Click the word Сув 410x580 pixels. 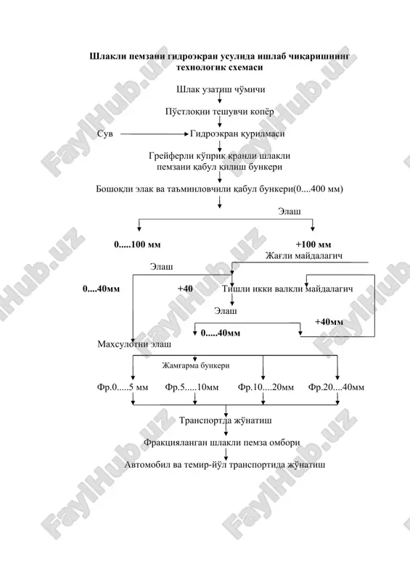tap(105, 134)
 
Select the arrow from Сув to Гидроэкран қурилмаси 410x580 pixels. tap(155, 134)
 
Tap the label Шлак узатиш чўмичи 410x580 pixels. tap(221, 89)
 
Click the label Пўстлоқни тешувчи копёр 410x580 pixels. tap(220, 112)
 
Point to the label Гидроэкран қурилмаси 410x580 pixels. tap(237, 134)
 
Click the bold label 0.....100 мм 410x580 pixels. tap(137, 244)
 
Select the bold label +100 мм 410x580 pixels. tap(313, 244)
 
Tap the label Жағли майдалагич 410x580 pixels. tap(304, 256)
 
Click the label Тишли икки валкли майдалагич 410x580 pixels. tap(287, 289)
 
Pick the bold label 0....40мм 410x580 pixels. tap(101, 289)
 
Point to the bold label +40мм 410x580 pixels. tap(329, 322)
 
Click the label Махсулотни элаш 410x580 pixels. tap(134, 344)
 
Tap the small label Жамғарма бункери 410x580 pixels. tap(196, 366)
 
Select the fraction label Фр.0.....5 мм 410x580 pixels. tap(123, 388)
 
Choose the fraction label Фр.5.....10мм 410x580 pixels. tap(192, 388)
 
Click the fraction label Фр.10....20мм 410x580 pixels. tap(266, 388)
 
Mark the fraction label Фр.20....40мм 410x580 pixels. tap(336, 388)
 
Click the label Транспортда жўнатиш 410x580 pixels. tap(226, 420)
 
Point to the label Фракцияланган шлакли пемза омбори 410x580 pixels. tap(222, 443)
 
